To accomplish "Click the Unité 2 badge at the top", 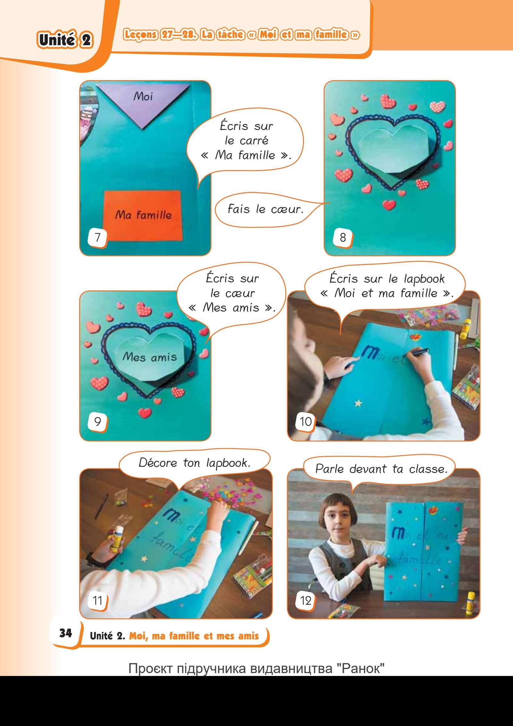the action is [x=64, y=41].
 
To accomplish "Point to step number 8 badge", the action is [x=343, y=238].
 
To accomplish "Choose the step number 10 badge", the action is [x=305, y=421].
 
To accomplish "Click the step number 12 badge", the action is [x=305, y=600].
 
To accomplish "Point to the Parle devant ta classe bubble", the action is [x=381, y=469].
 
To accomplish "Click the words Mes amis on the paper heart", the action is [x=150, y=356].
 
